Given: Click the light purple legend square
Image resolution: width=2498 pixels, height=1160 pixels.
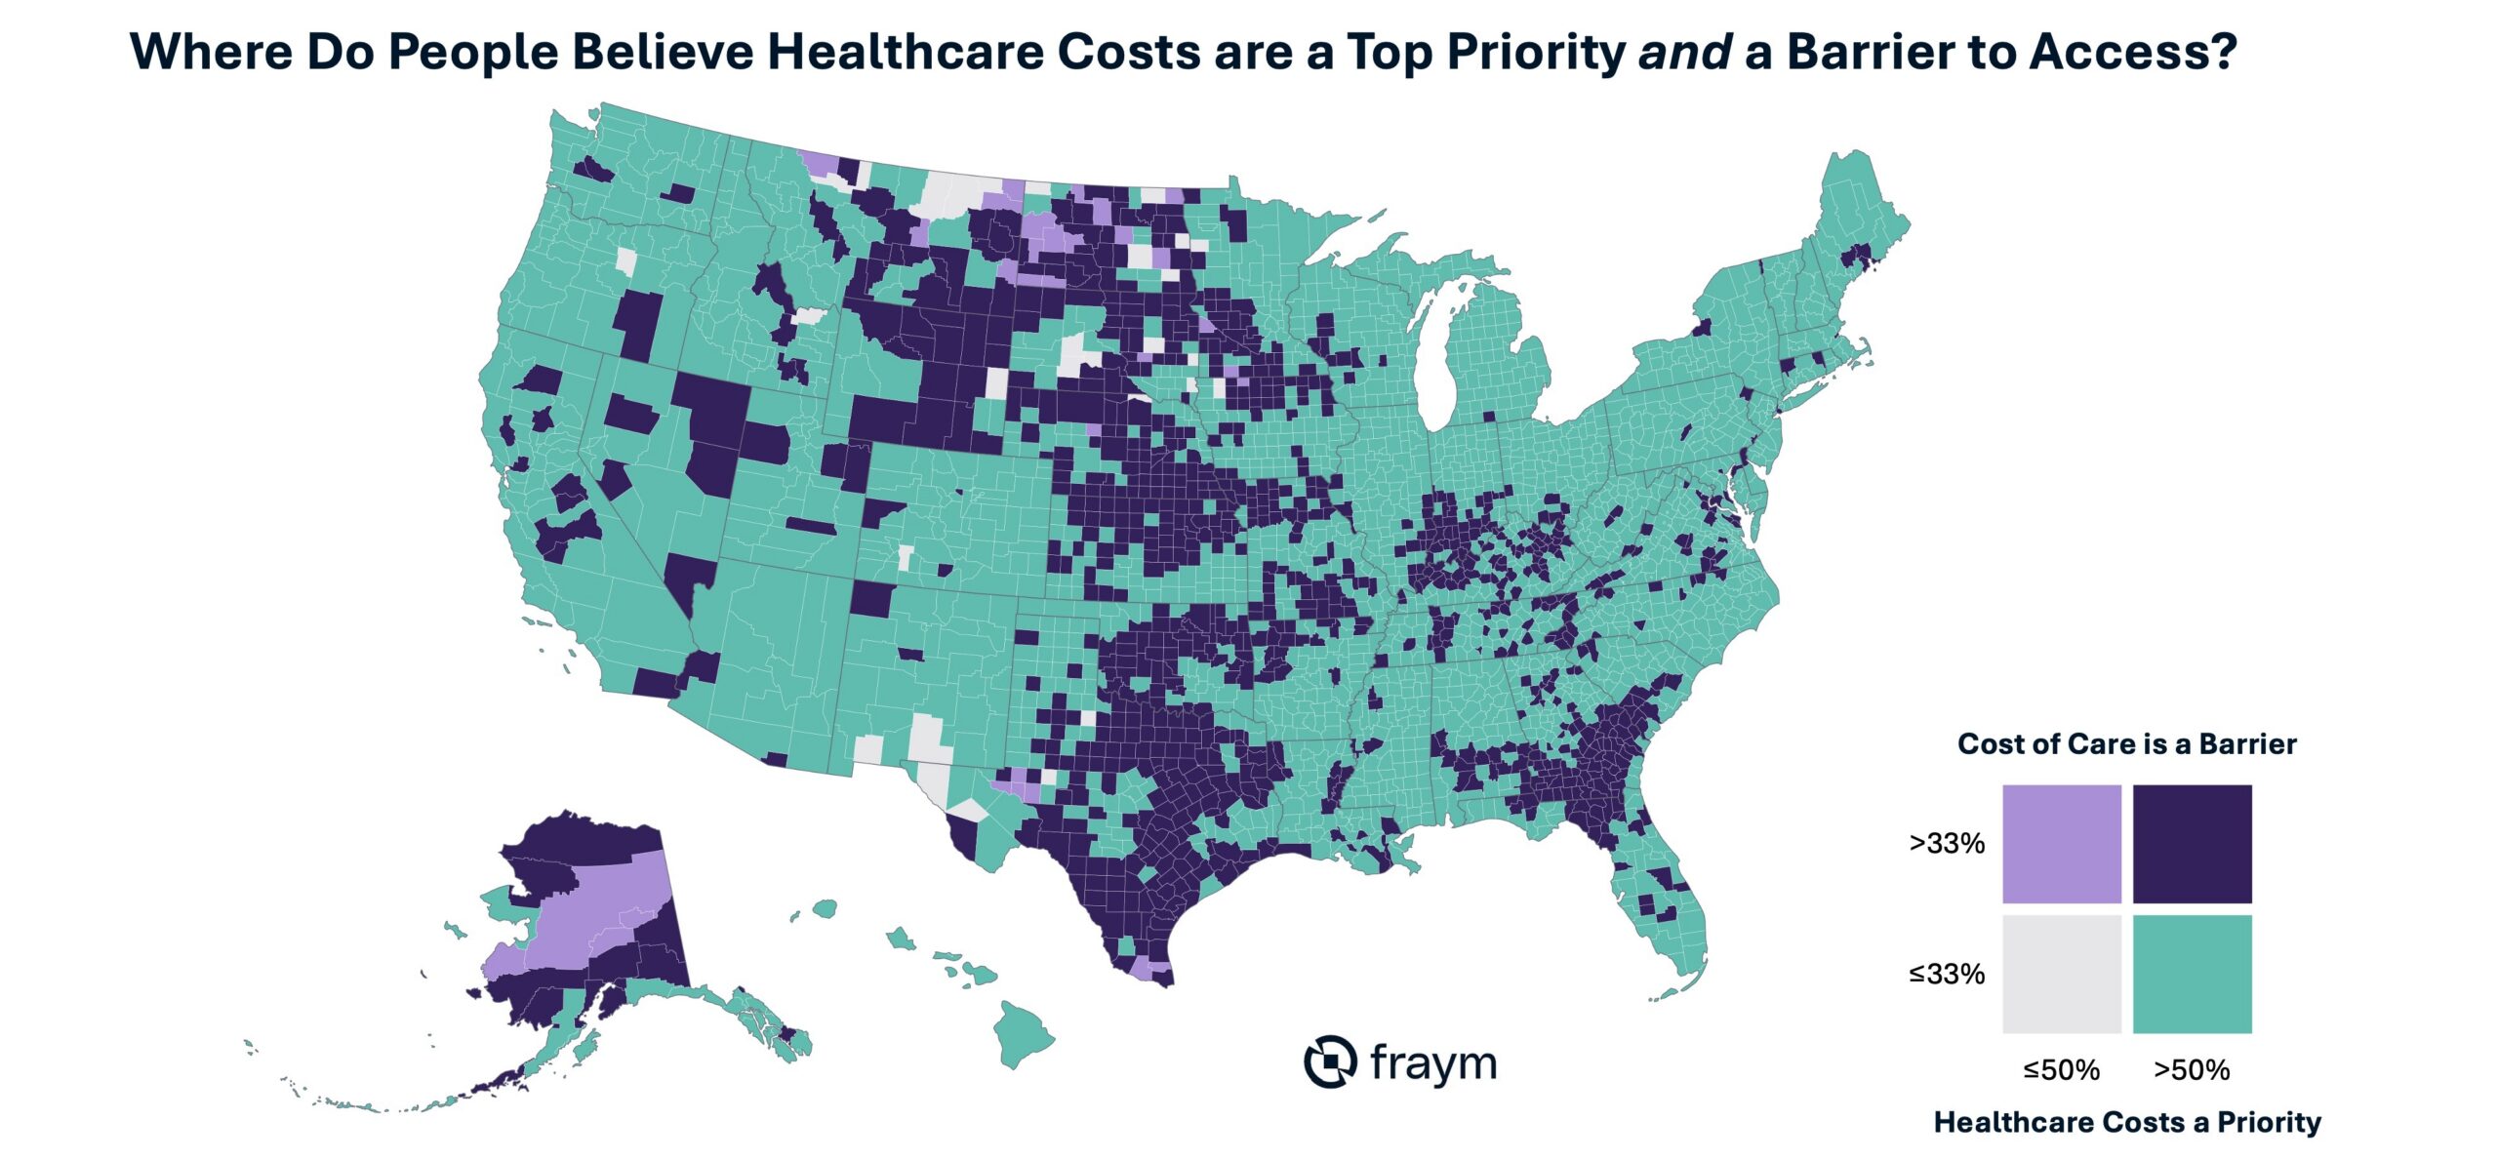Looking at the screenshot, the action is click(2061, 843).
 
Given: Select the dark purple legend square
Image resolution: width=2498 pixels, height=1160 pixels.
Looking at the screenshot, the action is click(2192, 843).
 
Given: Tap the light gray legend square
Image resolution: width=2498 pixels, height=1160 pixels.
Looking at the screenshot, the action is click(2061, 974).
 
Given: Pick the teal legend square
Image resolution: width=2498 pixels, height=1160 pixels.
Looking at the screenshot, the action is click(2192, 974).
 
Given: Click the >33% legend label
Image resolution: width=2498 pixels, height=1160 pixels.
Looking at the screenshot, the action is click(1947, 843).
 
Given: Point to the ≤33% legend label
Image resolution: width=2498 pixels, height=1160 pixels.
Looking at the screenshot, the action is click(1947, 974).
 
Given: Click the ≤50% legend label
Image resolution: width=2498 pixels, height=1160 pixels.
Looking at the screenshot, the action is click(2061, 1070).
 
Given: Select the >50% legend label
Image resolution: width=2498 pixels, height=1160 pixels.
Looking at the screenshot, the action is click(2192, 1070).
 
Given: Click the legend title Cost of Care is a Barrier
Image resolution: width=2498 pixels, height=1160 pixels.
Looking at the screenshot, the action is click(2127, 744).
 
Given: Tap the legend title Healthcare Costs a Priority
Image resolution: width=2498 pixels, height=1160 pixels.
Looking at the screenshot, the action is click(2127, 1122).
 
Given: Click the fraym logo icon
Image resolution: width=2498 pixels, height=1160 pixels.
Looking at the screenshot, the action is click(1330, 1060).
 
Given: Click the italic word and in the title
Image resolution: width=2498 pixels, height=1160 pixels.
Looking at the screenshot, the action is click(1685, 52).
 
